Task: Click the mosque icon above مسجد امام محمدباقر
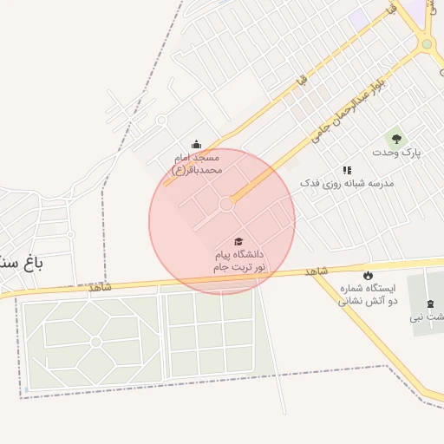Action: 196,145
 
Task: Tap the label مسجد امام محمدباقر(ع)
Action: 197,164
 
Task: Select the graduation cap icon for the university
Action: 238,241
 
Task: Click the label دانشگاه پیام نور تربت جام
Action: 239,262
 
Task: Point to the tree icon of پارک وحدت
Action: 396,137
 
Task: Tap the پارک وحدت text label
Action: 396,153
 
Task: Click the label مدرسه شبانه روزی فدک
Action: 347,184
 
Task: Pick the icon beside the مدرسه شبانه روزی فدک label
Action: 347,170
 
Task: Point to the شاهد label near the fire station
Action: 317,272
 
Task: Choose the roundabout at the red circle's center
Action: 226,205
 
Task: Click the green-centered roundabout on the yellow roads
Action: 426,44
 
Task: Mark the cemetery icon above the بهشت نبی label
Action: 431,303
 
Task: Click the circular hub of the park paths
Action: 95,342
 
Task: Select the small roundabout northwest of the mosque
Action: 161,121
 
